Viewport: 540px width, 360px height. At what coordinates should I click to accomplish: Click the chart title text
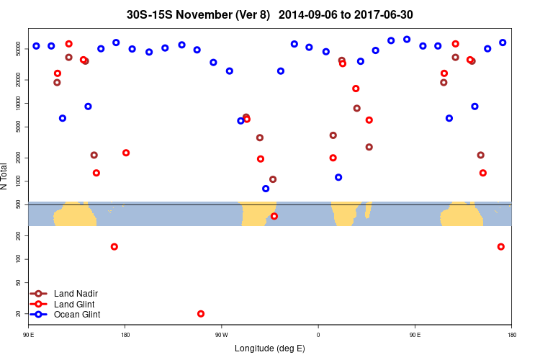pos(269,14)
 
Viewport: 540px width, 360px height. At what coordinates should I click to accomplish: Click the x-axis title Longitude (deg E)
pos(269,348)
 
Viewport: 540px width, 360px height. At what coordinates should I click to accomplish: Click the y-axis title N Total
pos(5,176)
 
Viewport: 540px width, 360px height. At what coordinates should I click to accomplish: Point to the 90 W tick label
pos(221,335)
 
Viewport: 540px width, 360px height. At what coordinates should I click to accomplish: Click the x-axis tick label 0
pos(318,335)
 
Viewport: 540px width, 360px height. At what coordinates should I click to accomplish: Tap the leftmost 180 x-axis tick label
pos(125,335)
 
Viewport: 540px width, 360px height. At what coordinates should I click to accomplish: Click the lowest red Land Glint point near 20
pos(201,314)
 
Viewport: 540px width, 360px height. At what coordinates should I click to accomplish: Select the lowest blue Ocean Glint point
pos(266,189)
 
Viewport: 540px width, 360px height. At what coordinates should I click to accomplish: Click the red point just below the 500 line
pos(274,216)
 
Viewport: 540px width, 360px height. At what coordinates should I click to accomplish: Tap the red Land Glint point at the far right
pos(501,247)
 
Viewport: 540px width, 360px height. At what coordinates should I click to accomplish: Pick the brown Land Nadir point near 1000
pos(273,179)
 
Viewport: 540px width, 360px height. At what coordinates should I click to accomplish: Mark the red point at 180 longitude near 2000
pos(126,153)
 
